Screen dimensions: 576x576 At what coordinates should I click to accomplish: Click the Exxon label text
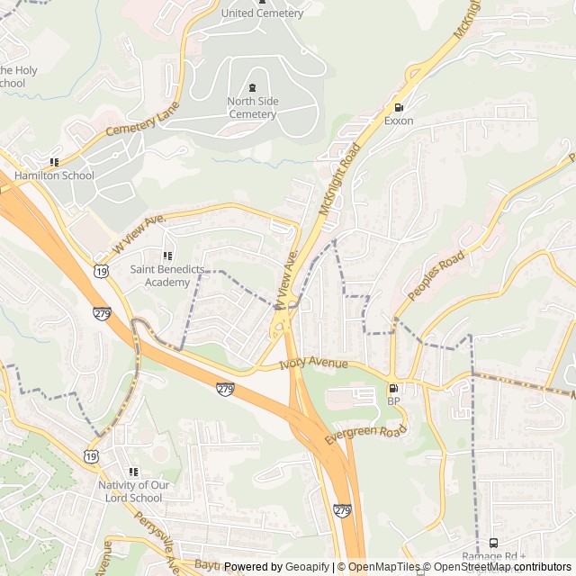(399, 121)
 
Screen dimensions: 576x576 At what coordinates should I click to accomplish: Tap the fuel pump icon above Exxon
(399, 107)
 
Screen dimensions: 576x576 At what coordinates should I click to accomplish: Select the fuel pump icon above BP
(393, 389)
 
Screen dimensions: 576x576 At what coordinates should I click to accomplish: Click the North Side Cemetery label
(252, 108)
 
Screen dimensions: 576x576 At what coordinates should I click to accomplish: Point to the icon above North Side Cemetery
(252, 88)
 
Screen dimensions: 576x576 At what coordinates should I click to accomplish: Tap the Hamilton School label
(54, 175)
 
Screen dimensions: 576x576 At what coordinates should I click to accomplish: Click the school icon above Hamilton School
(54, 162)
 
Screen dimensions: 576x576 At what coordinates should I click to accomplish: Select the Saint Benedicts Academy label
(160, 275)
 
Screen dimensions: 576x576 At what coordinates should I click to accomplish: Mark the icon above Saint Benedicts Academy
(166, 256)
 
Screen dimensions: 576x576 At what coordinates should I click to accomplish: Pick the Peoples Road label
(436, 275)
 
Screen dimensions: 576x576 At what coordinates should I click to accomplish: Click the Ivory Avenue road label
(312, 364)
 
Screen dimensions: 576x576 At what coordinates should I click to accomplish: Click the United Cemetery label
(262, 13)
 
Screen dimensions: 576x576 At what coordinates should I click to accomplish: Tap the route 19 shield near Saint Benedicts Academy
(101, 270)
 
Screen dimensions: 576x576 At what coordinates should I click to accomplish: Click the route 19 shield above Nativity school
(91, 457)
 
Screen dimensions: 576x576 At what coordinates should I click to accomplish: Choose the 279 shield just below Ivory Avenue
(225, 389)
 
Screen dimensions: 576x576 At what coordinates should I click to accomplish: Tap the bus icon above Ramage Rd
(493, 543)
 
